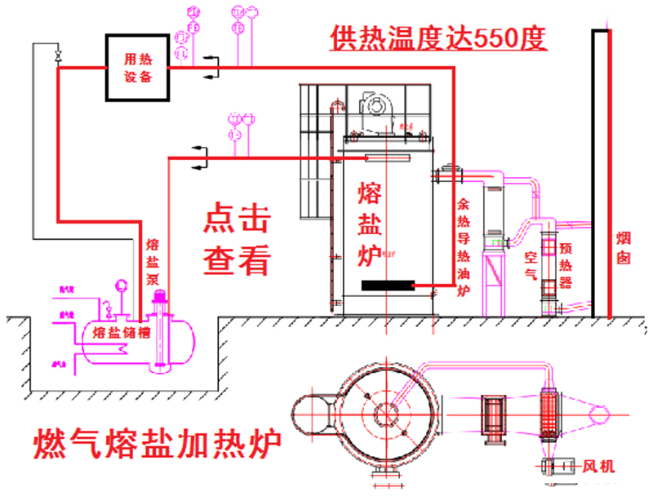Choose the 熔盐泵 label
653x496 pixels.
click(153, 261)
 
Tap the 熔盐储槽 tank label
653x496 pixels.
click(120, 331)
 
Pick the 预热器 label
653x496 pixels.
click(565, 265)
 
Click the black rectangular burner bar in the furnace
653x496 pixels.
click(389, 285)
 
